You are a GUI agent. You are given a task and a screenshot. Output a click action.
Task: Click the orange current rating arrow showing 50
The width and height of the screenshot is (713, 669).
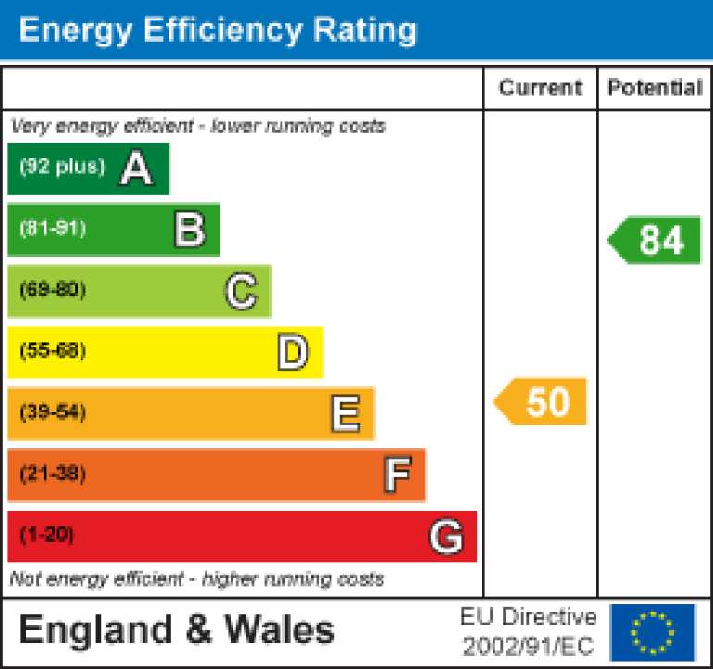(x=542, y=401)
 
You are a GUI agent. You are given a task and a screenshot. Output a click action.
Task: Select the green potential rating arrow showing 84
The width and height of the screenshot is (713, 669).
(x=656, y=240)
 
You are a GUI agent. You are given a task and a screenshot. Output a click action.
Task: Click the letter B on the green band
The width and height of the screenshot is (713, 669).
(x=189, y=230)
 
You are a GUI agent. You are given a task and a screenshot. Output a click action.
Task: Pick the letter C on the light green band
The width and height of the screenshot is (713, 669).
(x=241, y=292)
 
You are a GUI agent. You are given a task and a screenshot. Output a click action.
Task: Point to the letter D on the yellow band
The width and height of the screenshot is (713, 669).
(x=293, y=353)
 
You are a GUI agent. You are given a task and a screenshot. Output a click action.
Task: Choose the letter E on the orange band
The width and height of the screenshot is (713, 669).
(x=345, y=414)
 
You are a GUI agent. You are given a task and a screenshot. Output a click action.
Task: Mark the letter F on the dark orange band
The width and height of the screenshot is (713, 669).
(x=397, y=475)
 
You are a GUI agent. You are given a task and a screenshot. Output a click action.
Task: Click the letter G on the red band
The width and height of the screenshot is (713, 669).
(x=446, y=536)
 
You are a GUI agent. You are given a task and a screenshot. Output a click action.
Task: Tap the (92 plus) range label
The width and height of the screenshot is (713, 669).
(x=62, y=168)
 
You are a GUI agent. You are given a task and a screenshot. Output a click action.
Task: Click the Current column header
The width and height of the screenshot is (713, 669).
(x=540, y=88)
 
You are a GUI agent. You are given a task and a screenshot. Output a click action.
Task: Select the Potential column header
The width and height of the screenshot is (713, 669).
(x=655, y=88)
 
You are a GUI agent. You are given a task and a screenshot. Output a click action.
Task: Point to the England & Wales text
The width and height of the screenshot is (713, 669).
(x=177, y=631)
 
